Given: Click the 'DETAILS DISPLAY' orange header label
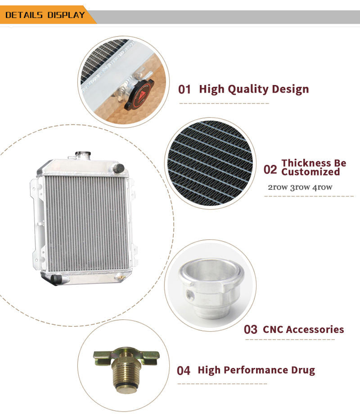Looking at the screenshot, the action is click(x=45, y=15).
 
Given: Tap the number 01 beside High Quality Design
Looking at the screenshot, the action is click(x=184, y=90).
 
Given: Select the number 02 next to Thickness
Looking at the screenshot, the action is click(x=270, y=170).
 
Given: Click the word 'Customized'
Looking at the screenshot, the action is click(x=310, y=172).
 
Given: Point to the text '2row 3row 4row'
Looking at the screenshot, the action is click(x=300, y=187).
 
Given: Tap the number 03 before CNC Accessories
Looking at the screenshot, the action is click(x=250, y=329).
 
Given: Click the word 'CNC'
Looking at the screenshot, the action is click(x=273, y=329).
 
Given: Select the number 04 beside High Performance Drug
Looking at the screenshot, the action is click(x=184, y=371).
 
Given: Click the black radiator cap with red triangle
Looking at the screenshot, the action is click(x=139, y=94).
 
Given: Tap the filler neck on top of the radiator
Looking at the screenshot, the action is click(x=83, y=156).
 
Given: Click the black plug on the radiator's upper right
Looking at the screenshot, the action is click(x=119, y=168).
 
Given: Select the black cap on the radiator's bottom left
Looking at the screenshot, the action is click(x=56, y=279).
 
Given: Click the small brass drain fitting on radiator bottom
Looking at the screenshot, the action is click(x=120, y=278).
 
